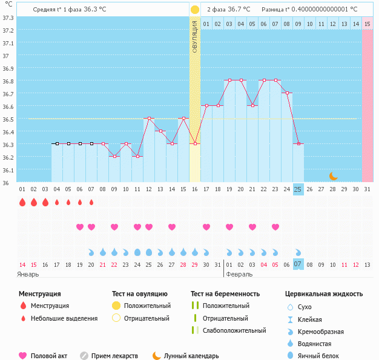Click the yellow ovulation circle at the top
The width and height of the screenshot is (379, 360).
click(194, 10)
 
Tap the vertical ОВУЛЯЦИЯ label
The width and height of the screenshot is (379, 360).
click(194, 36)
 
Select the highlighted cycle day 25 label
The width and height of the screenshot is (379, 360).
click(298, 189)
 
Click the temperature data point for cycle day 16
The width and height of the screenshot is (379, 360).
click(194, 143)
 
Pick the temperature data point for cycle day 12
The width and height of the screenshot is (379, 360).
click(149, 119)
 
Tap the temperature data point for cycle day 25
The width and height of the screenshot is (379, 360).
click(298, 143)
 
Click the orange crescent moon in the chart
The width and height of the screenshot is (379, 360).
click(334, 175)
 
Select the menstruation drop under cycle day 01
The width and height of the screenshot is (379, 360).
click(22, 202)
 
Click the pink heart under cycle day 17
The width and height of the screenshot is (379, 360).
click(206, 227)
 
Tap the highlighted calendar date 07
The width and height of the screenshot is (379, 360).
click(298, 264)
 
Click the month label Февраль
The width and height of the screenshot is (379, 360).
click(239, 274)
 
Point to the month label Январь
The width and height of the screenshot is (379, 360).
click(28, 274)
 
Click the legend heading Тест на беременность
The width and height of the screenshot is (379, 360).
click(228, 294)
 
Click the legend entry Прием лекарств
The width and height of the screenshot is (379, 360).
click(114, 356)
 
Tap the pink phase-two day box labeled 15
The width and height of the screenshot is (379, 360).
click(367, 24)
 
